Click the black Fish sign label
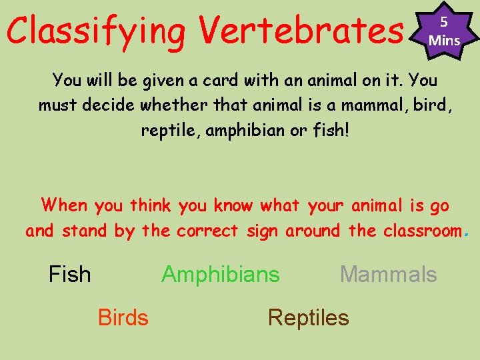70,274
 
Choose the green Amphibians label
221,274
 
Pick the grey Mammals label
388,274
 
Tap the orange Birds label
123,318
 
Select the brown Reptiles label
308,318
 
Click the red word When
64,205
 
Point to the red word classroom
423,231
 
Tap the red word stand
83,231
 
